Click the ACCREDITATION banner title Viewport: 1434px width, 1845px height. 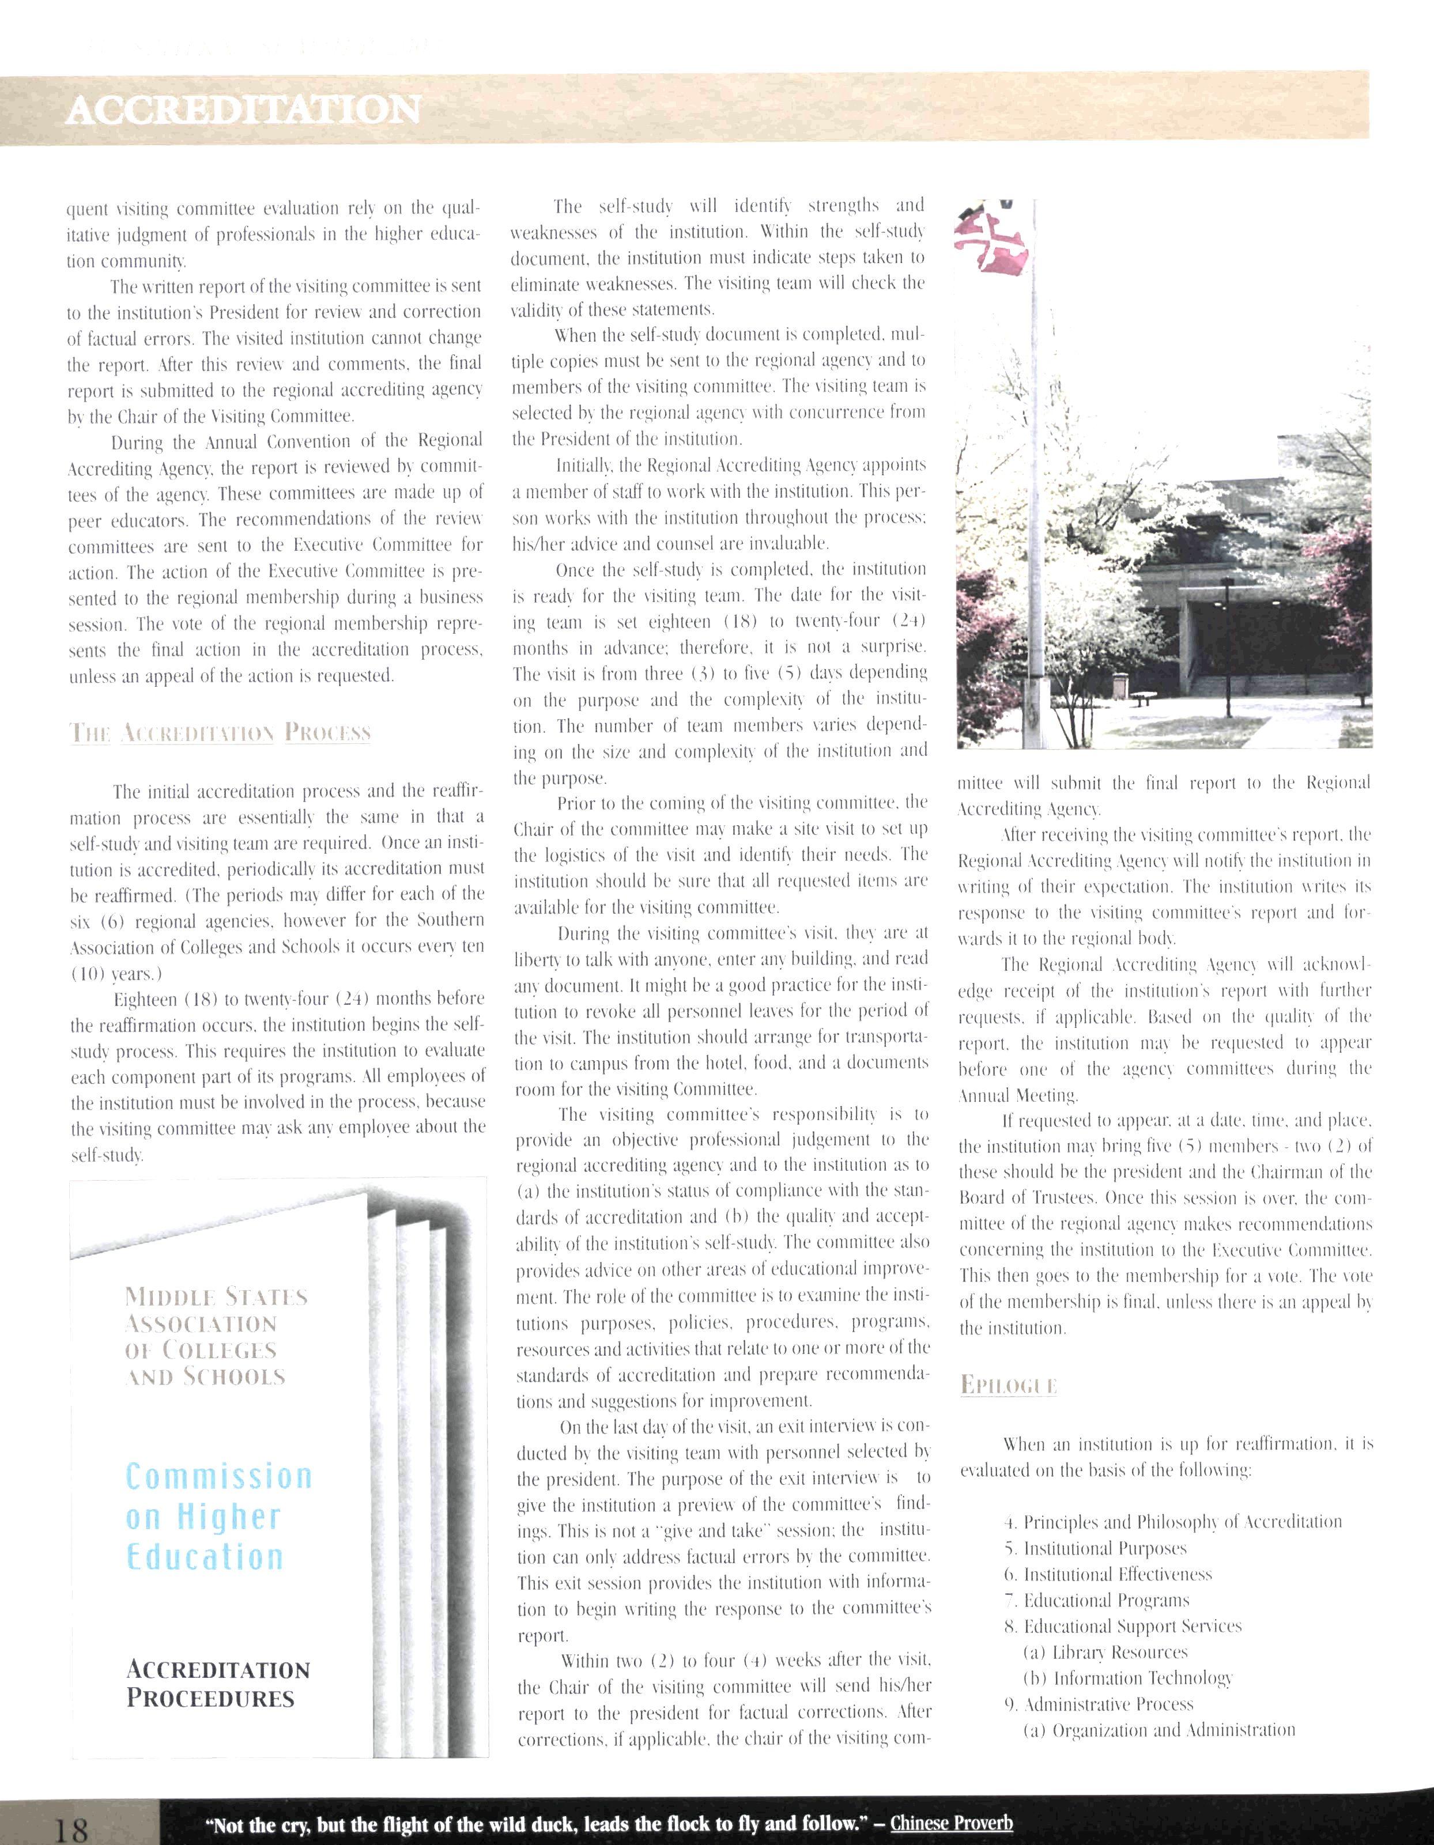pyautogui.click(x=243, y=110)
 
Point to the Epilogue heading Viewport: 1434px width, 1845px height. pyautogui.click(x=1009, y=1385)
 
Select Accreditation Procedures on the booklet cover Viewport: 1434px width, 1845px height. pyautogui.click(x=218, y=1683)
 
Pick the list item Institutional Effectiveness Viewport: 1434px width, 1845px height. pyautogui.click(x=1117, y=1574)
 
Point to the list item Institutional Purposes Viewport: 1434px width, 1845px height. pyautogui.click(x=1104, y=1548)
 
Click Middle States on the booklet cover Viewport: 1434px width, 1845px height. pyautogui.click(x=216, y=1296)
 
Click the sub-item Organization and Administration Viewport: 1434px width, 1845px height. pyautogui.click(x=1158, y=1729)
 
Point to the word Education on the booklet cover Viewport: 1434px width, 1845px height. pyautogui.click(x=205, y=1556)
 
